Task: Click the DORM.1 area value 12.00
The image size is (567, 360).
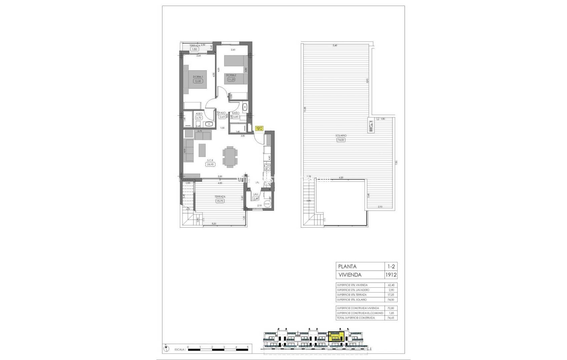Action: pyautogui.click(x=198, y=81)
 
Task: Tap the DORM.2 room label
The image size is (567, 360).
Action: pyautogui.click(x=231, y=75)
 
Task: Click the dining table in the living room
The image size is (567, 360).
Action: pyautogui.click(x=230, y=157)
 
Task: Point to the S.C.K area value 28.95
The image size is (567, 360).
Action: pyautogui.click(x=210, y=164)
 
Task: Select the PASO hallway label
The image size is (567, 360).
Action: pyautogui.click(x=222, y=113)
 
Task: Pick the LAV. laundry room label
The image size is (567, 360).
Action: pyautogui.click(x=256, y=194)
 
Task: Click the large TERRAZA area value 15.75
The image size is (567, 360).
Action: pyautogui.click(x=220, y=201)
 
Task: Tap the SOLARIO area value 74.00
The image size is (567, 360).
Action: pyautogui.click(x=341, y=140)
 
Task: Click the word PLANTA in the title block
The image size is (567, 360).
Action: pyautogui.click(x=347, y=266)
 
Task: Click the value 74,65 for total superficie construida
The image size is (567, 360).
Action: pyautogui.click(x=390, y=318)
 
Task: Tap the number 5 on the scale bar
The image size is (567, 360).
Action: pyautogui.click(x=247, y=347)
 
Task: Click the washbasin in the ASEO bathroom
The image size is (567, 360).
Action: pyautogui.click(x=209, y=124)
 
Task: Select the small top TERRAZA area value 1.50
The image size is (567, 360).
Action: pyautogui.click(x=194, y=49)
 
